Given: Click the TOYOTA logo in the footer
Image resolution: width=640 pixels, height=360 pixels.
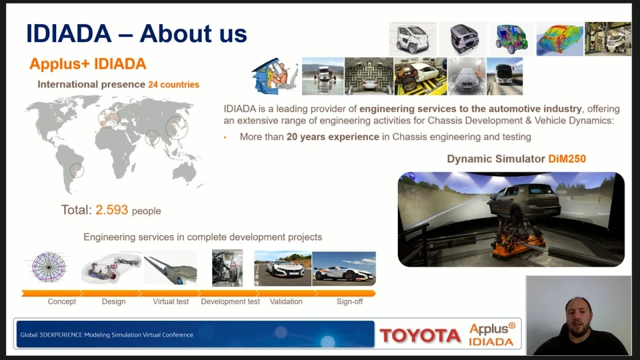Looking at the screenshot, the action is (x=420, y=335).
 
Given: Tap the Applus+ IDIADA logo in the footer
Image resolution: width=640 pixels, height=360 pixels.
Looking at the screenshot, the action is (x=492, y=335).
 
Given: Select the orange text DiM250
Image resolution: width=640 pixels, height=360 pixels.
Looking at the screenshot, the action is (x=567, y=159).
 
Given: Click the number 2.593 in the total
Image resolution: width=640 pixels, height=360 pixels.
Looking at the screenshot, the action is (x=112, y=210).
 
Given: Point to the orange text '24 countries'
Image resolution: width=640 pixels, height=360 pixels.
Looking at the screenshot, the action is (x=173, y=85).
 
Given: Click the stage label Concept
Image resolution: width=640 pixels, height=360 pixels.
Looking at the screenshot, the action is (x=61, y=301).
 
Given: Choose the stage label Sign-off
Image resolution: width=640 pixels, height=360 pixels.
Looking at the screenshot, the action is (x=349, y=301).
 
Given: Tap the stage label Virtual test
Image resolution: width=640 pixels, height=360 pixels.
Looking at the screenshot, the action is (x=171, y=301).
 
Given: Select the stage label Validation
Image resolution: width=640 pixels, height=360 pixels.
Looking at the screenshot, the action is (x=286, y=301).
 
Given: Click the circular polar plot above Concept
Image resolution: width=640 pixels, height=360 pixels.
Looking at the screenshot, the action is (x=49, y=267).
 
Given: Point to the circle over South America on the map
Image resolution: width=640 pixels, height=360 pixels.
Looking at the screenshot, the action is (x=77, y=170).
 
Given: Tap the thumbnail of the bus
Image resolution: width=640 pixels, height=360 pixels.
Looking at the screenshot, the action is (x=505, y=76).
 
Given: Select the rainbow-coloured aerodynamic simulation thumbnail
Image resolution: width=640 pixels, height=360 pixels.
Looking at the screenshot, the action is (x=559, y=39).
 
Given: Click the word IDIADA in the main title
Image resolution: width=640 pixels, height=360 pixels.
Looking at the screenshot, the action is (x=69, y=33).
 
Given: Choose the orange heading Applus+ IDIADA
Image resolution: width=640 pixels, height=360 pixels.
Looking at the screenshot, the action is (x=88, y=64).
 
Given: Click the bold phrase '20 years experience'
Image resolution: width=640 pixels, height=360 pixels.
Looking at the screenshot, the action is (x=333, y=137).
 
